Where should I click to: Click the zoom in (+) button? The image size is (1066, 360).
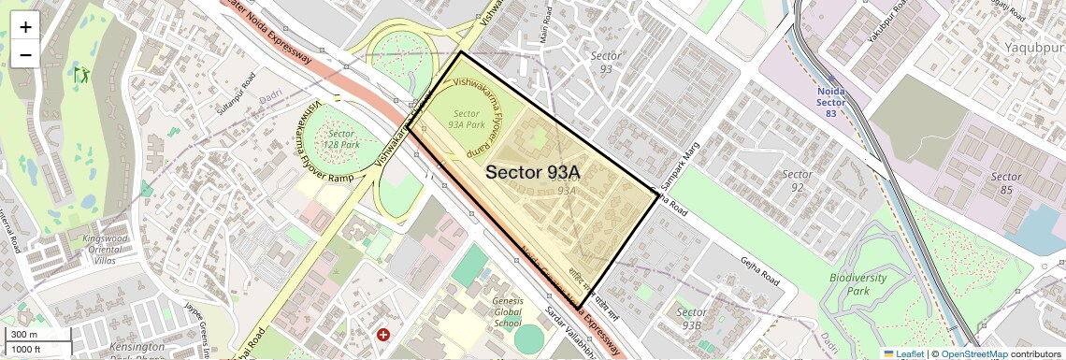[25, 26]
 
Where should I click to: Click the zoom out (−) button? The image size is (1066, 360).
[25, 54]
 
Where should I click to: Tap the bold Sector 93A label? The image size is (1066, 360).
[533, 172]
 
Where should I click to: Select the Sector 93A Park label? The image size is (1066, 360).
[466, 119]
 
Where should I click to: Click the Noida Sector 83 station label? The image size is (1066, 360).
[830, 95]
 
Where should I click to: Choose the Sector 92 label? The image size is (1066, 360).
[797, 180]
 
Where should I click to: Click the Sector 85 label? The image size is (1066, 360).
[1006, 183]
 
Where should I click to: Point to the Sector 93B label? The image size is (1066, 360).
[691, 318]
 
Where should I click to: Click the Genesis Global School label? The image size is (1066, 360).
[508, 311]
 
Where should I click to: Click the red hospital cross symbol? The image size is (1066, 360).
[382, 334]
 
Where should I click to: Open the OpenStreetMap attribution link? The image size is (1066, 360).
[974, 353]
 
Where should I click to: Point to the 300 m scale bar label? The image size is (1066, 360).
[24, 335]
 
